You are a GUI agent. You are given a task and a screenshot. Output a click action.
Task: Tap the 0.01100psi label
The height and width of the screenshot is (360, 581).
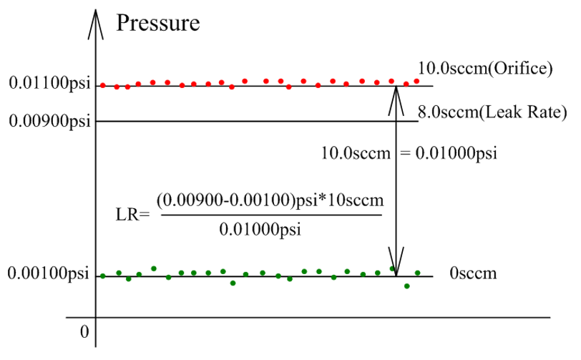click(x=49, y=86)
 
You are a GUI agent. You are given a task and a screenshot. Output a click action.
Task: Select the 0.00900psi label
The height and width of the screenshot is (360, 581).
click(x=49, y=121)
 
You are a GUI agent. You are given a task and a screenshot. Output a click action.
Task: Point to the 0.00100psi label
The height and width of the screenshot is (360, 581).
click(x=49, y=274)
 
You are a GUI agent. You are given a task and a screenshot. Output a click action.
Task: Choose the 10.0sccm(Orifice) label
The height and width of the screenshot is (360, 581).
click(x=486, y=69)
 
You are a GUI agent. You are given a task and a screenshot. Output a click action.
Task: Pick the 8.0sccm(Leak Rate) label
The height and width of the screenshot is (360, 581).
click(x=492, y=112)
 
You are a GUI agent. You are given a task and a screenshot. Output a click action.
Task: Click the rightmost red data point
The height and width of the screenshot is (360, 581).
click(x=416, y=81)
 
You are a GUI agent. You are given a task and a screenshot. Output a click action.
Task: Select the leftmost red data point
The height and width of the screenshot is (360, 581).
click(x=103, y=85)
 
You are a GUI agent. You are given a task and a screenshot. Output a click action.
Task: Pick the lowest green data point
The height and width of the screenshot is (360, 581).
click(x=407, y=286)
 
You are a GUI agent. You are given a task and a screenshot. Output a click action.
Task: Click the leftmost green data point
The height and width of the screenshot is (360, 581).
click(x=103, y=276)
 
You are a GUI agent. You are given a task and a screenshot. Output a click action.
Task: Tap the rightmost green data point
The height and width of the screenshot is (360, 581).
click(x=418, y=273)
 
